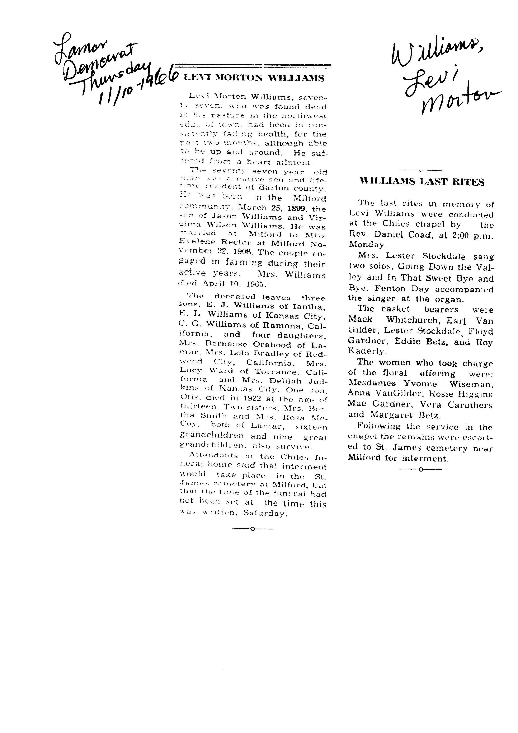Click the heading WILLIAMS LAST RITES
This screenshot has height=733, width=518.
point(422,182)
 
